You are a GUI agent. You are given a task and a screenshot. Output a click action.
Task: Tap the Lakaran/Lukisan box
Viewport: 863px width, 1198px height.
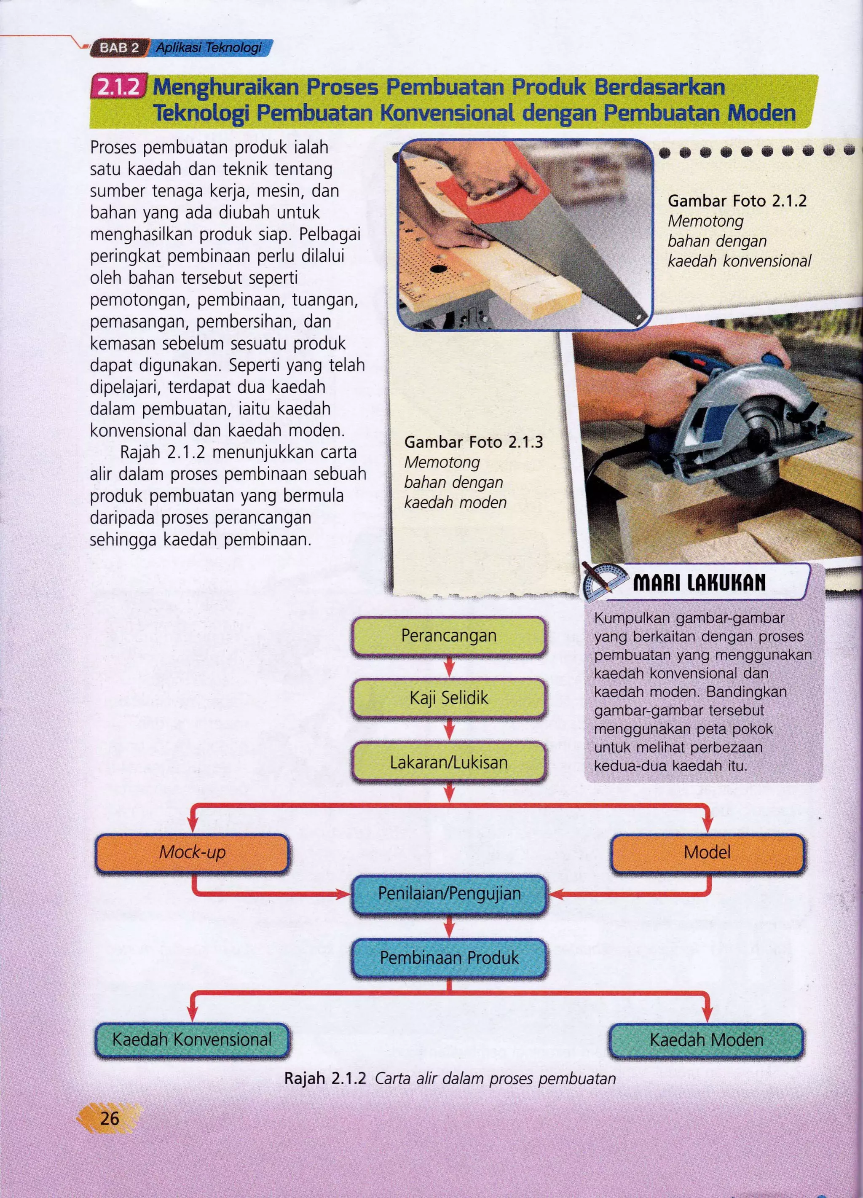pyautogui.click(x=448, y=762)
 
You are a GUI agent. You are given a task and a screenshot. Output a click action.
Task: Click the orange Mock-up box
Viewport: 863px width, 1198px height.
pyautogui.click(x=192, y=852)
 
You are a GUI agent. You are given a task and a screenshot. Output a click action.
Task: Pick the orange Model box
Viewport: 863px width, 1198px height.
pyautogui.click(x=707, y=852)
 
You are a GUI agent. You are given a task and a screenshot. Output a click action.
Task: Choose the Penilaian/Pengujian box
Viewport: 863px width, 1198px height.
pyautogui.click(x=449, y=894)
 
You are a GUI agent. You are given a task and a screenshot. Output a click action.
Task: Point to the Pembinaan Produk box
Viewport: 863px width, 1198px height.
pyautogui.click(x=449, y=958)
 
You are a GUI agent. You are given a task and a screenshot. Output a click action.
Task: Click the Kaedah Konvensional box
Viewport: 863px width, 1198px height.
pyautogui.click(x=192, y=1040)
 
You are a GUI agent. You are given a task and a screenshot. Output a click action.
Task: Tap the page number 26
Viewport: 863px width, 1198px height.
pyautogui.click(x=109, y=1118)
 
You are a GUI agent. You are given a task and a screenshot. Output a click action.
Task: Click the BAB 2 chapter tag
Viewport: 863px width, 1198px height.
pyautogui.click(x=119, y=48)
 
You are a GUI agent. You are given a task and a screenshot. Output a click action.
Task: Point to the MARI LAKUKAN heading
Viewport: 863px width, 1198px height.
pyautogui.click(x=699, y=583)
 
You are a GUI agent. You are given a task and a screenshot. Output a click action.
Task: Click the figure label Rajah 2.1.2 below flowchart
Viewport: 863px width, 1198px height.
pyautogui.click(x=325, y=1078)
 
